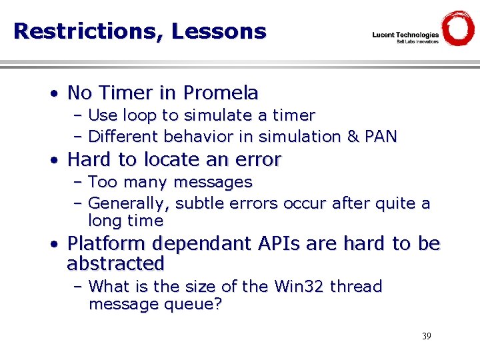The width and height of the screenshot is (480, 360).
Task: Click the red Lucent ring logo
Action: click(458, 29)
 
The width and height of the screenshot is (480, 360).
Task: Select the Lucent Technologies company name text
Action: click(405, 35)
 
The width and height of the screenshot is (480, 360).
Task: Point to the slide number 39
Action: click(426, 336)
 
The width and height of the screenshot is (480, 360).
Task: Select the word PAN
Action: click(381, 137)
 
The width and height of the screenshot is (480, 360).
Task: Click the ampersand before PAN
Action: click(353, 137)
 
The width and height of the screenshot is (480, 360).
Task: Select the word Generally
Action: click(125, 203)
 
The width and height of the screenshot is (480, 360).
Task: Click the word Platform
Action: click(109, 244)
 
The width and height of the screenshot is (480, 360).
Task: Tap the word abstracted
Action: click(115, 264)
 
